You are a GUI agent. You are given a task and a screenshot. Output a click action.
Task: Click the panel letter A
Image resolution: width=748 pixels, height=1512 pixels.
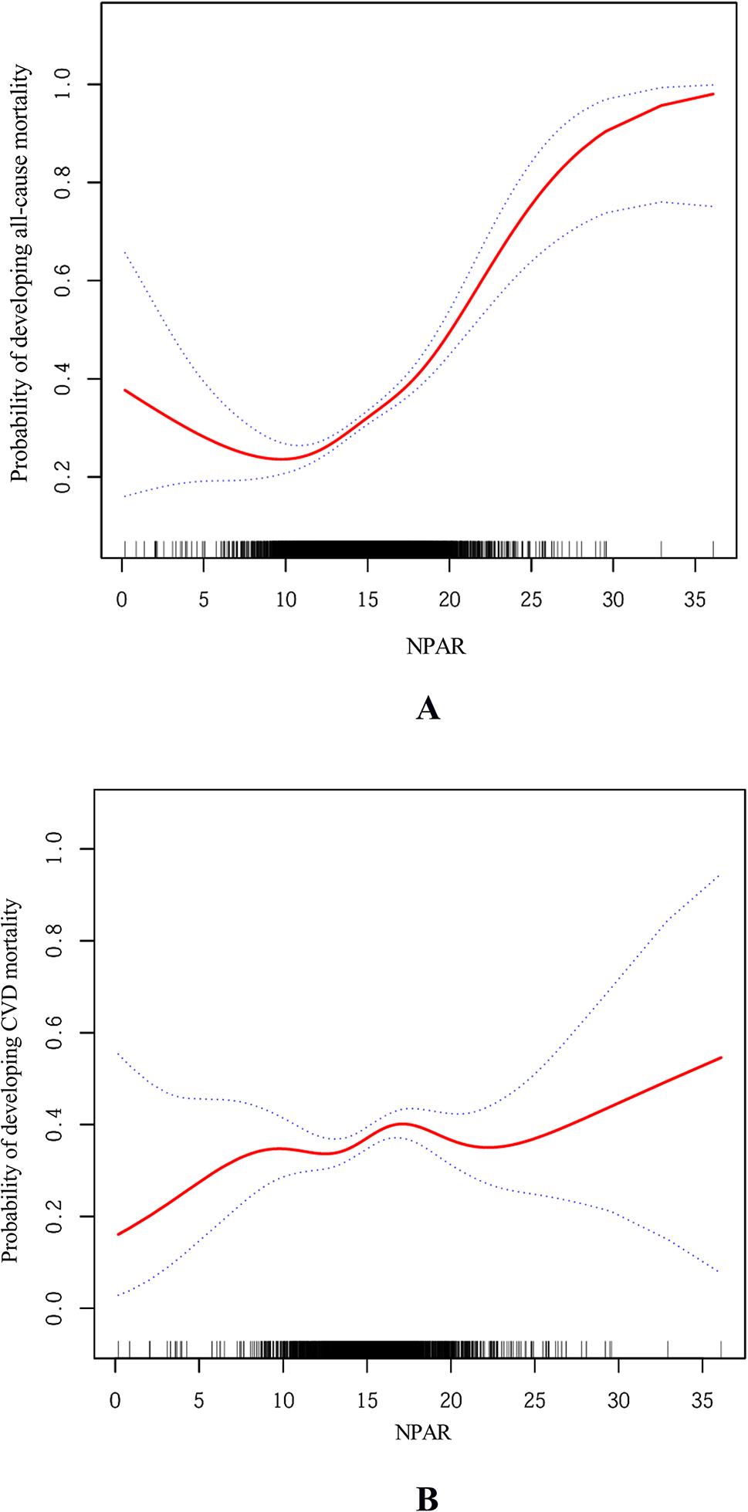click(428, 708)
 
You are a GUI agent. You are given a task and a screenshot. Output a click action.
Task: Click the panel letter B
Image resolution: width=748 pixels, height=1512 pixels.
click(427, 1498)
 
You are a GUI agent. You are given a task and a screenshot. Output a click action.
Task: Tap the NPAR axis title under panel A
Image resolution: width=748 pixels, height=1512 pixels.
click(436, 646)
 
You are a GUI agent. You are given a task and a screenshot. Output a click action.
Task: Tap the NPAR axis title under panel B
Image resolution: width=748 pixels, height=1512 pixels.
click(423, 1433)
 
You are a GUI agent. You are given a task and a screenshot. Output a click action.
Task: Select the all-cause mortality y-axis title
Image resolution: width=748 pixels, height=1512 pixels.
click(20, 274)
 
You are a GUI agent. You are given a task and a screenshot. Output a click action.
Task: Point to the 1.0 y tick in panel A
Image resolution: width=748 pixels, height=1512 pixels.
click(63, 83)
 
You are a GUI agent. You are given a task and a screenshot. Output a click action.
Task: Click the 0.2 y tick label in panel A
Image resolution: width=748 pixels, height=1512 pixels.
click(63, 477)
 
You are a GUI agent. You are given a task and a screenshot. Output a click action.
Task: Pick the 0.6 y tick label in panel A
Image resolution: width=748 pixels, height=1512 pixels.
click(63, 280)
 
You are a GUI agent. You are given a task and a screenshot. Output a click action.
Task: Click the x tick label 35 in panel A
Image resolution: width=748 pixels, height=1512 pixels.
click(695, 600)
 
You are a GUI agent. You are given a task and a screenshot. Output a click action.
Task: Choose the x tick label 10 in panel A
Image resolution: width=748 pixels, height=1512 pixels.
click(286, 600)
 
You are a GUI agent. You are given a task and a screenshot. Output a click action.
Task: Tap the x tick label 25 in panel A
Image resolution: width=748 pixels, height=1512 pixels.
click(531, 600)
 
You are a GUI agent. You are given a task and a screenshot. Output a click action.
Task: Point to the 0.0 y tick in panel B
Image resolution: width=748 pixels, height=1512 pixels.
click(54, 1308)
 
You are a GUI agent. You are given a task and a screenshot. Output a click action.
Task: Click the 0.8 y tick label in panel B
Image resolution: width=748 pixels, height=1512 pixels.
click(54, 941)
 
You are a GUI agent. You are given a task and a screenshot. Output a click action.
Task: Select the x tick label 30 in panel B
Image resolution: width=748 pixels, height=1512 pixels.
click(618, 1400)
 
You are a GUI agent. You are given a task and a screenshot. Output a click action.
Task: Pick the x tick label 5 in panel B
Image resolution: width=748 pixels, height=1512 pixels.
click(199, 1400)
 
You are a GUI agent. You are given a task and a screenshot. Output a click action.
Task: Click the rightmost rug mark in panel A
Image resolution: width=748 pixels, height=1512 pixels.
click(712, 548)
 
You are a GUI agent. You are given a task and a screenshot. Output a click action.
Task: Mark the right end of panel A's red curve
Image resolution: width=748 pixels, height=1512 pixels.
click(712, 94)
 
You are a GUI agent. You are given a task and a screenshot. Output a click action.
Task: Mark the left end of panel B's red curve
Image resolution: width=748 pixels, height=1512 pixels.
click(118, 1234)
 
